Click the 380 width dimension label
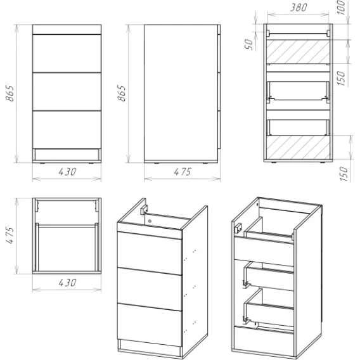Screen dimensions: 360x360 tap(299, 8)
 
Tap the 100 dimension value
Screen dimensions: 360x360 tap(342, 8)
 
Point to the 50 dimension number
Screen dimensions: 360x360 tap(248, 44)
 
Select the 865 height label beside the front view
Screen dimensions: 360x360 tap(10, 93)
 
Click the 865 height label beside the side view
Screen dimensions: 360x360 tap(122, 93)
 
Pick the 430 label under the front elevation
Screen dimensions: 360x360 tap(67, 172)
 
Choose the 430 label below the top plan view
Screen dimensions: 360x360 tap(67, 283)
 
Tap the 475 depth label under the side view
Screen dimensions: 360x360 tap(183, 172)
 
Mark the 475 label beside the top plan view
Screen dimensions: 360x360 tap(10, 235)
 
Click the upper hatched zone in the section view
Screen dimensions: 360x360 tap(298, 51)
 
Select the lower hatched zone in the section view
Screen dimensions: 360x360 tap(298, 147)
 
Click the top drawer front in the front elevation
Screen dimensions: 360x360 tap(67, 53)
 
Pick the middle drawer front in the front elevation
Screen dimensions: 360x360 tap(67, 92)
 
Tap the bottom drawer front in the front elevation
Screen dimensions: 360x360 tap(67, 130)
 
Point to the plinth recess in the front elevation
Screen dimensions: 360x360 tap(67, 155)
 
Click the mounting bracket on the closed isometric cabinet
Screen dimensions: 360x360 tap(144, 210)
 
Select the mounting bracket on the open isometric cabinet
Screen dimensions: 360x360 tap(239, 228)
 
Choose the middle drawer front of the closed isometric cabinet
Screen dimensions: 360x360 tap(150, 289)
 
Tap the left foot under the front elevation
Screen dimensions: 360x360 tap(42, 164)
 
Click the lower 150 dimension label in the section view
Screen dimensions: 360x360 tap(343, 174)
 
